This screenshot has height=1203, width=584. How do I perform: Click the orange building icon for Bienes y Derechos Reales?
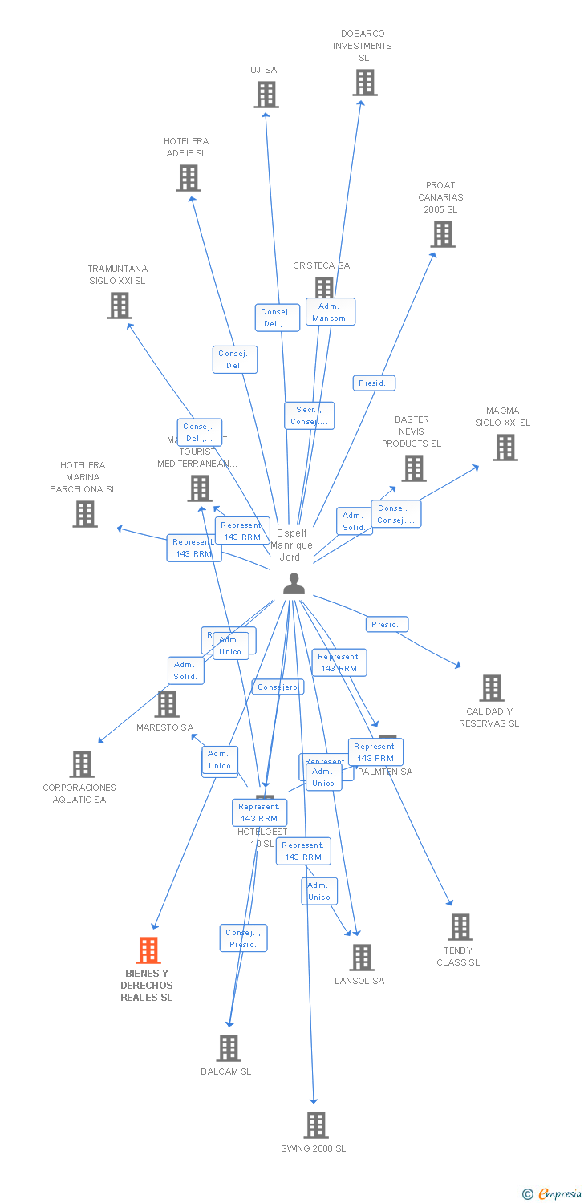coord(148,950)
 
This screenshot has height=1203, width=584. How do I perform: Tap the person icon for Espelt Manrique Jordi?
coord(294,584)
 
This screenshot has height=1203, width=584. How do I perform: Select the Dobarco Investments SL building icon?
coord(365,83)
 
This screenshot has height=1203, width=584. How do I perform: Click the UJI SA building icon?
coord(266,95)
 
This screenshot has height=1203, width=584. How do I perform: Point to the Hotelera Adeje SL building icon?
coord(189,178)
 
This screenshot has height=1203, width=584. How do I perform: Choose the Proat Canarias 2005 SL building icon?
coord(443,234)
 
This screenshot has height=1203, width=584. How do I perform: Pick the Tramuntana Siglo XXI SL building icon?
coord(120,306)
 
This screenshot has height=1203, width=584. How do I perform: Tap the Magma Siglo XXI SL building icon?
coord(505,448)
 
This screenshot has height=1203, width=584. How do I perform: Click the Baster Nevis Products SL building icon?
coord(414,468)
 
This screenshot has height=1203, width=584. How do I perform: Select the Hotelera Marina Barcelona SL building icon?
coord(85,514)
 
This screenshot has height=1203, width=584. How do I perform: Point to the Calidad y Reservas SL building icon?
coord(492,688)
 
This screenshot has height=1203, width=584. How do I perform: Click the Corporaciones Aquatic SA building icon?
coord(82,764)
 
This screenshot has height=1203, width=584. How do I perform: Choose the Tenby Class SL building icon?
coord(460,927)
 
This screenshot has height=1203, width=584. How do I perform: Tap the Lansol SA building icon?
coord(362,958)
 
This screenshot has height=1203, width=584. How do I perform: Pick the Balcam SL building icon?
coord(229,1048)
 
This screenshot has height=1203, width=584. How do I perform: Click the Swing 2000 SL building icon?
coord(316,1125)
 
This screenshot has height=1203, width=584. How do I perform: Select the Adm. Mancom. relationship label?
coord(330,312)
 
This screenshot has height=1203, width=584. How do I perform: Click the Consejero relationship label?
coord(278,687)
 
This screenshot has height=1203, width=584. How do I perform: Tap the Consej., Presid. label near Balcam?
coord(243,938)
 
